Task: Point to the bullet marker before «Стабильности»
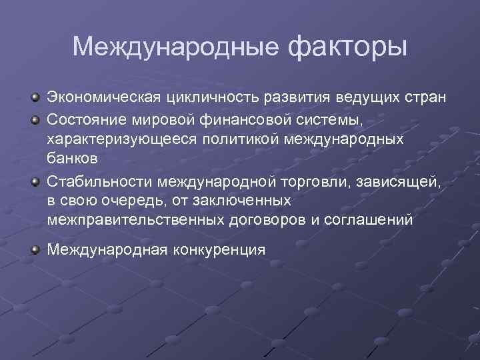[x=35, y=180]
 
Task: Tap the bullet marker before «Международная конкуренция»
[x=35, y=249]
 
